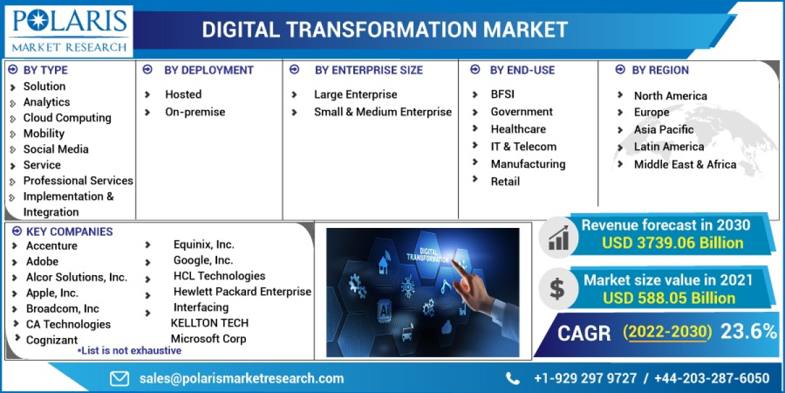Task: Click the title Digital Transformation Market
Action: coord(385,29)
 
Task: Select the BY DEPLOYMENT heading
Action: coord(209,70)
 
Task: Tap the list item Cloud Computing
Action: coord(67,118)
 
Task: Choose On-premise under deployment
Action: coord(195,112)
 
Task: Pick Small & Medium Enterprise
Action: coord(383,112)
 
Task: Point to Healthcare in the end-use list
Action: coord(518,129)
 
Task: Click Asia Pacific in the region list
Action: coord(663,130)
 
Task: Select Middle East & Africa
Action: coord(685,164)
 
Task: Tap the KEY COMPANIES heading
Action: coord(69,231)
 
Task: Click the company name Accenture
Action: coord(52,246)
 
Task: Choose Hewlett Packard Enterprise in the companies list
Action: coord(242,291)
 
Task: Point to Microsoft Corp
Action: coord(209,339)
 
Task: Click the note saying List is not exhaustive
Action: coord(130,350)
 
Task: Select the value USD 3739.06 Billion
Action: coord(672,243)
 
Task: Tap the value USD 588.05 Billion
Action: coord(669,298)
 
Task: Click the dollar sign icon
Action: coord(557,289)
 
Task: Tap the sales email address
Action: coord(241,378)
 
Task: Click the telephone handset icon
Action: coord(513,378)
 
